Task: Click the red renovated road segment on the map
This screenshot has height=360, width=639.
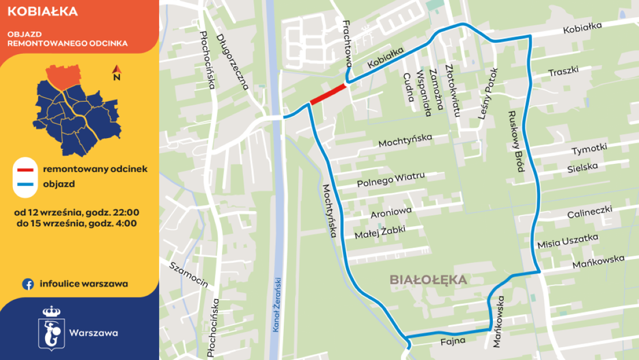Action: point(328,94)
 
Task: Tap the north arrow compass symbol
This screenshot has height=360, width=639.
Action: point(117,72)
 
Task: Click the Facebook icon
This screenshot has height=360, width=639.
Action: point(29,283)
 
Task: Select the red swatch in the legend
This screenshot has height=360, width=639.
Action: point(26,168)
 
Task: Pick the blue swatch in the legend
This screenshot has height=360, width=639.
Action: point(26,184)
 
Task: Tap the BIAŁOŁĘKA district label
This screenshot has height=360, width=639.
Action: point(428,279)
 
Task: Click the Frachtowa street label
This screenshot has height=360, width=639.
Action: point(346,41)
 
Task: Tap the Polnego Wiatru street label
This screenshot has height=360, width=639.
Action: point(391,180)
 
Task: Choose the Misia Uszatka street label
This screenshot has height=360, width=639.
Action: point(567,241)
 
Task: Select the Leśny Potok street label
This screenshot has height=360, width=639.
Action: point(489,94)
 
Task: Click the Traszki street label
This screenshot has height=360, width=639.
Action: point(563,72)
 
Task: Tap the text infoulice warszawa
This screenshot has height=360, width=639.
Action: point(84,283)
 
